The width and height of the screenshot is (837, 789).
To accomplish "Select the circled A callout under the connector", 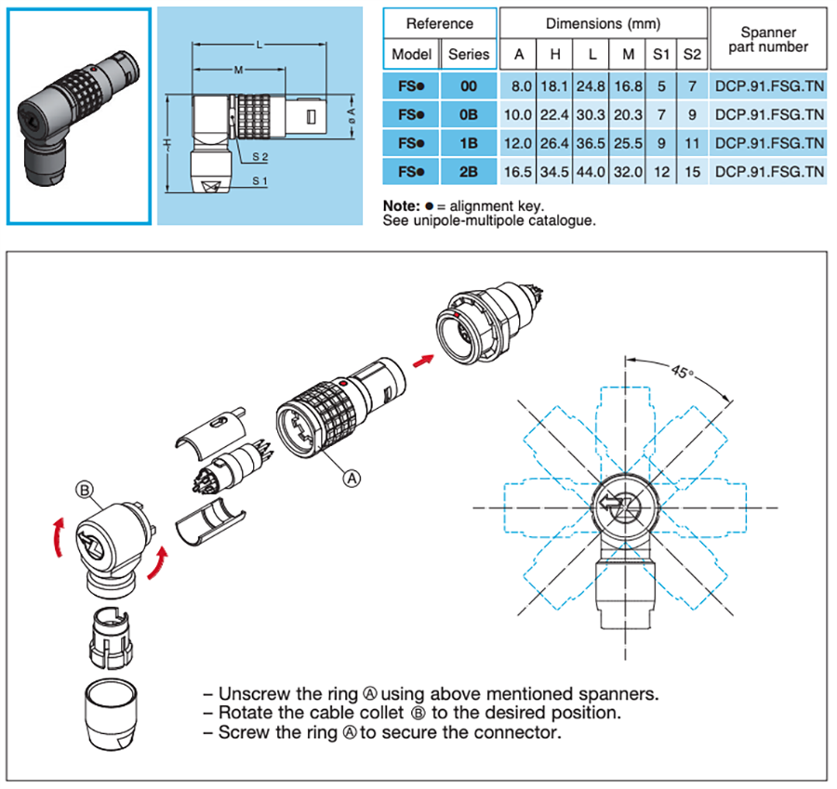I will click(352, 478).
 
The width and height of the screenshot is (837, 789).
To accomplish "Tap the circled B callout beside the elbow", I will click(85, 489).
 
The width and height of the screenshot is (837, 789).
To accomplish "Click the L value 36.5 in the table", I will click(590, 144).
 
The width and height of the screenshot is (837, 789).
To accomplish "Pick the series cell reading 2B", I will click(469, 173).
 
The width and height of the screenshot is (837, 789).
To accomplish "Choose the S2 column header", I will click(692, 54).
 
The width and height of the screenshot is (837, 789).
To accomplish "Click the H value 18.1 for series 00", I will click(554, 85).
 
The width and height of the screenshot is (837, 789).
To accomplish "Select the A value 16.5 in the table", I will click(519, 173).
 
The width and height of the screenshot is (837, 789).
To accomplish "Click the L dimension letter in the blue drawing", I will click(258, 45).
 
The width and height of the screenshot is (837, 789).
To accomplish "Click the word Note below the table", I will click(400, 205).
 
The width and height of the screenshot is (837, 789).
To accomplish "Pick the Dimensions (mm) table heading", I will click(604, 23).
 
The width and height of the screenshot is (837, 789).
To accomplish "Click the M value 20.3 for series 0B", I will click(629, 115).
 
